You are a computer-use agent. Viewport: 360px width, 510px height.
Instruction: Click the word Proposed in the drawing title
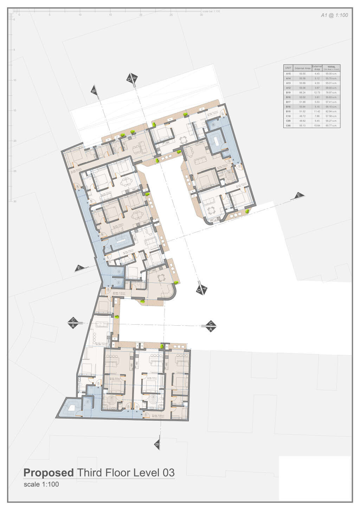pos(49,473)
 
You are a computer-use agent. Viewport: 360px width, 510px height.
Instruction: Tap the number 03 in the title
pos(168,473)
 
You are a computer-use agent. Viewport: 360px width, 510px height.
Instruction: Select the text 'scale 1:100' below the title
pos(41,484)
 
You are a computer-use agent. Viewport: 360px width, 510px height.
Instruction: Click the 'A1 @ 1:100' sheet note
pos(334,15)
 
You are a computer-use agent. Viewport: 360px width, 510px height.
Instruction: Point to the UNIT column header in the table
pos(288,68)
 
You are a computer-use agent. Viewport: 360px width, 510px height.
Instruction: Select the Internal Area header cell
pos(302,68)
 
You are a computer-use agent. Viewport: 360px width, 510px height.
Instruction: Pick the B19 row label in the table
pos(288,93)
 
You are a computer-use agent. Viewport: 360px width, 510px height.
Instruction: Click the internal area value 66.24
pos(302,93)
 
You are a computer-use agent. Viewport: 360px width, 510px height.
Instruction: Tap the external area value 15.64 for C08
pos(317,126)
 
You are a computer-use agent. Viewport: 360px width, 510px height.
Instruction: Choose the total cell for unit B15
pos(332,111)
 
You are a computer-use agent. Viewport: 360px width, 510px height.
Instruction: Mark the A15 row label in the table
pos(288,74)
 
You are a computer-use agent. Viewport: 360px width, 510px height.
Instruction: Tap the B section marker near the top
pos(94,91)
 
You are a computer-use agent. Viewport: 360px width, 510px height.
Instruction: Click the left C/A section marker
pos(73,323)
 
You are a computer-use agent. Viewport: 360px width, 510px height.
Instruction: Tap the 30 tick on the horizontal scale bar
pos(201,15)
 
